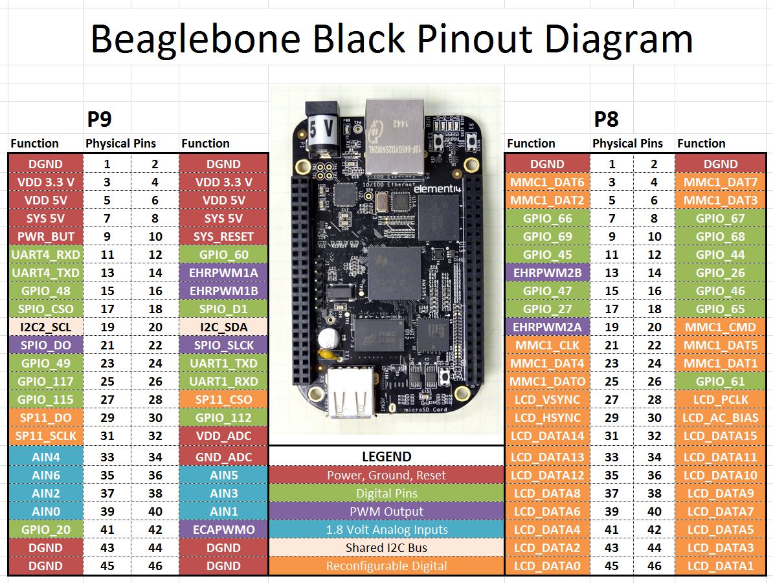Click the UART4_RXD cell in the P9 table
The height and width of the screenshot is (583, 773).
45,255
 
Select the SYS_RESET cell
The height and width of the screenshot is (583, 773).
223,237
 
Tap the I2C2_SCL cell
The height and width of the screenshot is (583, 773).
45,327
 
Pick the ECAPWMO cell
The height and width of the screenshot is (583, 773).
223,529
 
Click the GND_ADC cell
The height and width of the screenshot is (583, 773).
223,457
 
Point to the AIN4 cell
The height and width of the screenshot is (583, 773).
45,457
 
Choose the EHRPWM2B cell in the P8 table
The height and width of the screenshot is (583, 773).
547,273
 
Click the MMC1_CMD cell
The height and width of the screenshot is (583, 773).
720,327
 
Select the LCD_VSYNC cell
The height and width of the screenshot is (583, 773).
547,400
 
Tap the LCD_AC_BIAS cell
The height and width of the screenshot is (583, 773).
720,418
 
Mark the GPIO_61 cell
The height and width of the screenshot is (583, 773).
720,382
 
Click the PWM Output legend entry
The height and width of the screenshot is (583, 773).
386,511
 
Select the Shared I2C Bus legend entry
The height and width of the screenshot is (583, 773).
386,547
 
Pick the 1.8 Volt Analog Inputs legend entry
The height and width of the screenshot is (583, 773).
386,529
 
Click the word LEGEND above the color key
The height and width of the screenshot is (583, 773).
386,456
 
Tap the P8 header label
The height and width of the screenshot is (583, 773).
606,119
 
